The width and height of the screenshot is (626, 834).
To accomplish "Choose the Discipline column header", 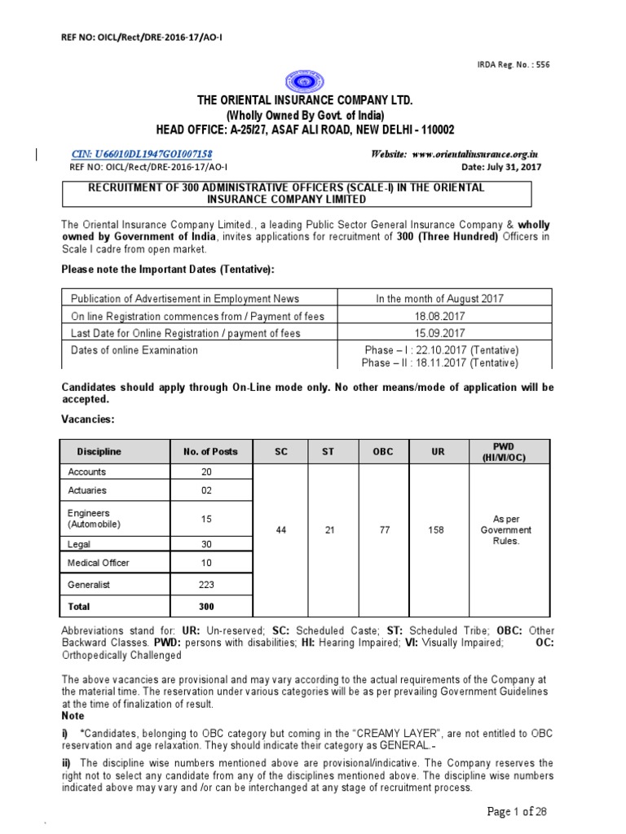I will (x=99, y=451).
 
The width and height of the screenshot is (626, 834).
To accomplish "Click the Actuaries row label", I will (x=87, y=491).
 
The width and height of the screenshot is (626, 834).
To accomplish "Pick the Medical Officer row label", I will (x=99, y=563).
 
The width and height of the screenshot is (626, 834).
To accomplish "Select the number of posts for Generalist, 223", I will (x=206, y=584).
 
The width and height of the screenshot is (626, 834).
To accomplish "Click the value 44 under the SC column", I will (x=280, y=529).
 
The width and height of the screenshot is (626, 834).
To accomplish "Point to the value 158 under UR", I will (x=436, y=529).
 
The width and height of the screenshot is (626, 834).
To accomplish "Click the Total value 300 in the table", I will (x=206, y=607).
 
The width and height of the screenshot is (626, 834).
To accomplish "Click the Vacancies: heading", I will (x=89, y=419).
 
